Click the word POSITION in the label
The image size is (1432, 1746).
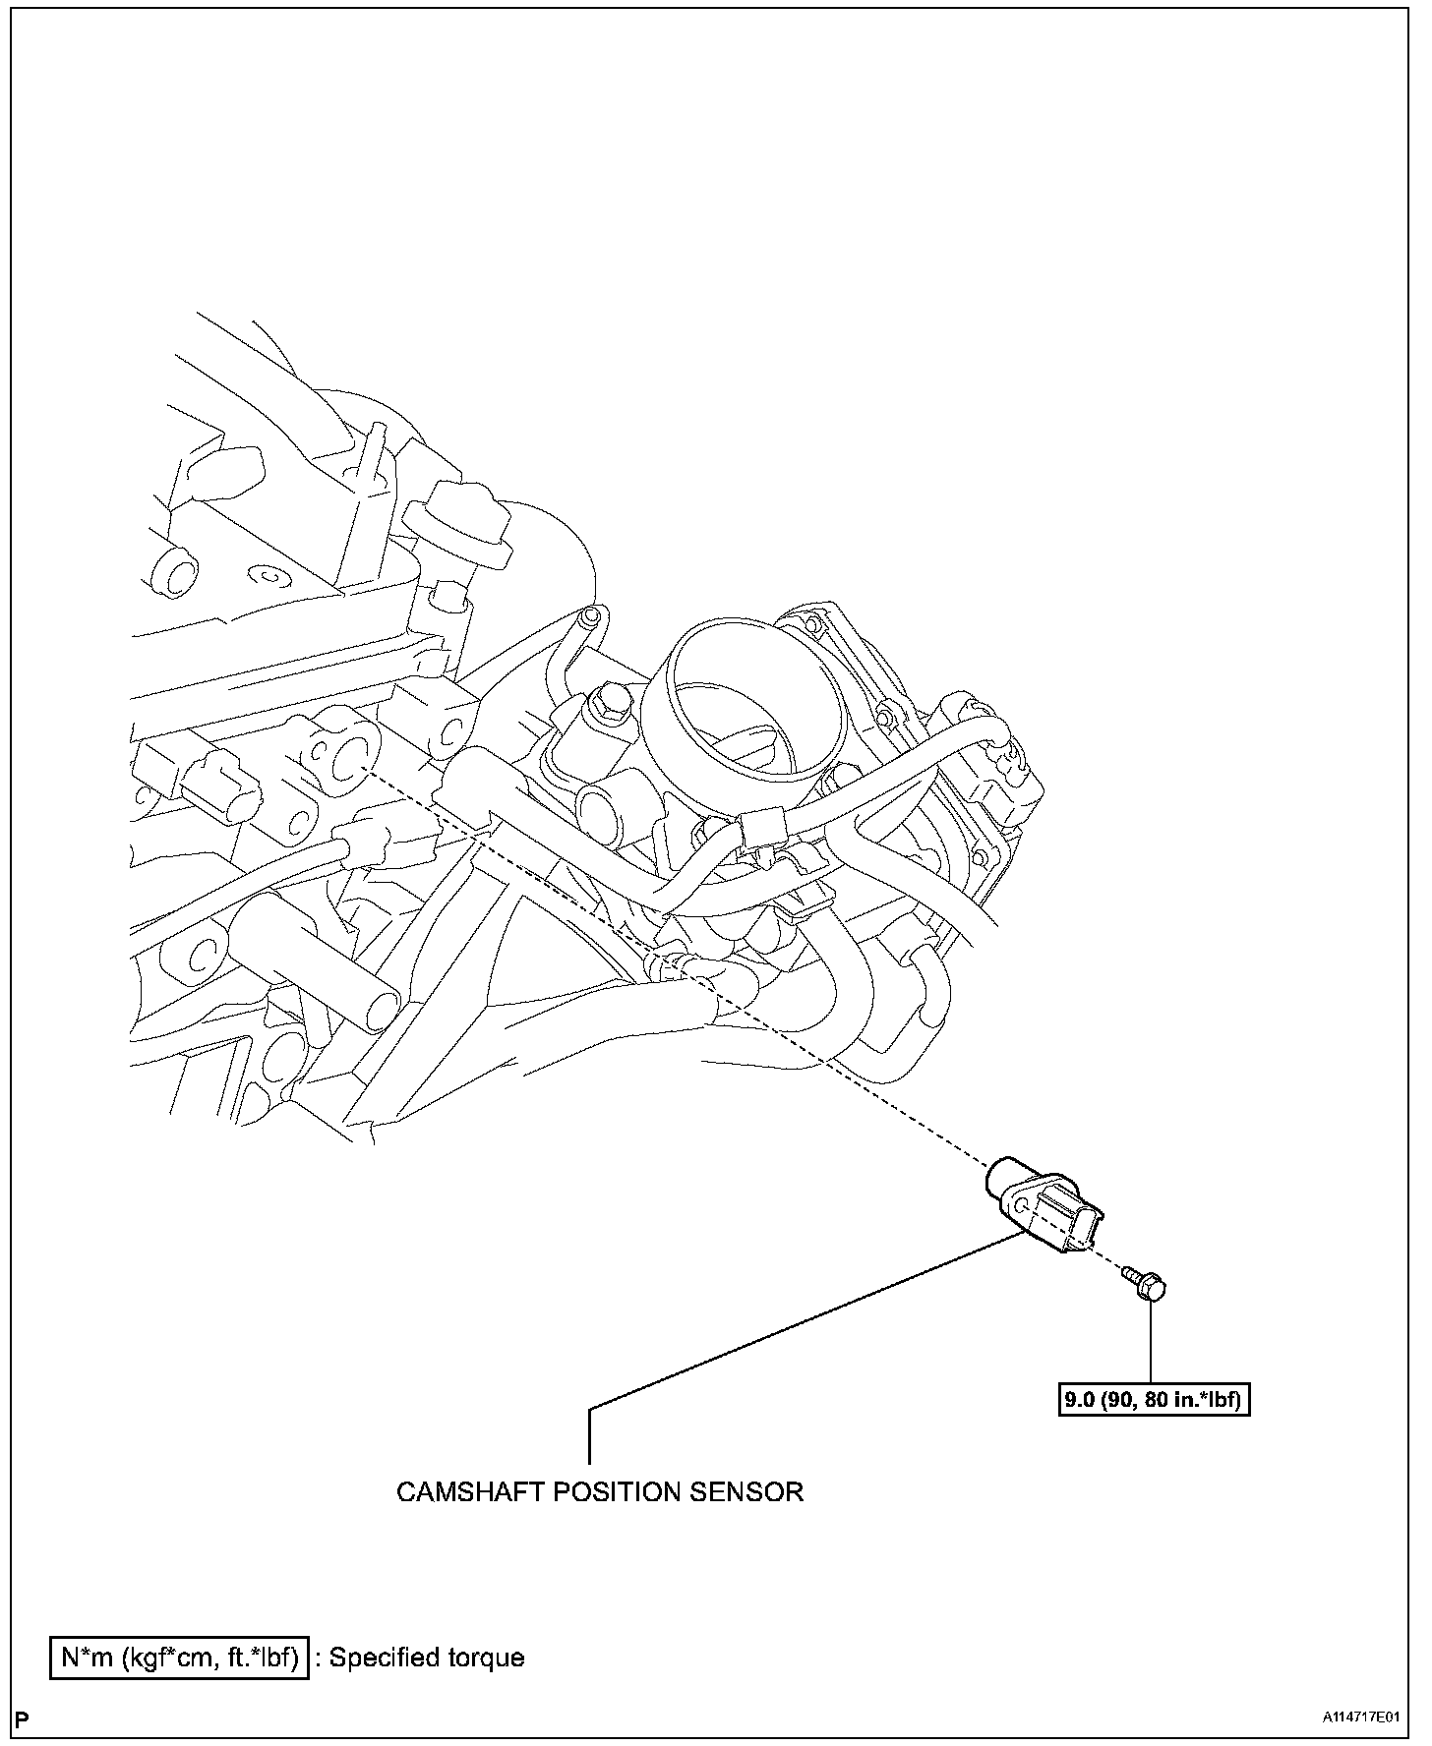point(616,1491)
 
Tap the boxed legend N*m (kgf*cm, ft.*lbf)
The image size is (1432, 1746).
point(180,1658)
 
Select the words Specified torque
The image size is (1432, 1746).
point(426,1658)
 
